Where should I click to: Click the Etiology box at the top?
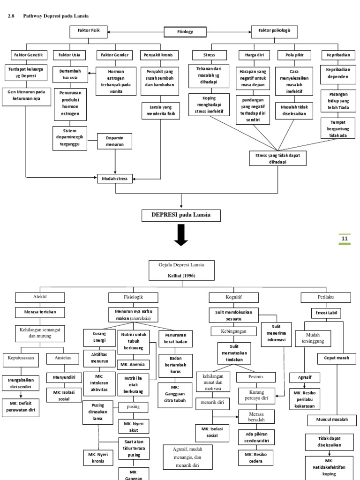coord(185,32)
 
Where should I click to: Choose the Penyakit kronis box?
coord(159,55)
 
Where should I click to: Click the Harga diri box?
coord(255,55)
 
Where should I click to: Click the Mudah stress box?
coord(114,178)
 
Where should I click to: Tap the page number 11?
coord(344,239)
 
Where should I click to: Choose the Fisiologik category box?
coord(132,297)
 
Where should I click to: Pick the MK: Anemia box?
coord(133,364)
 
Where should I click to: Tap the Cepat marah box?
coord(337,359)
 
